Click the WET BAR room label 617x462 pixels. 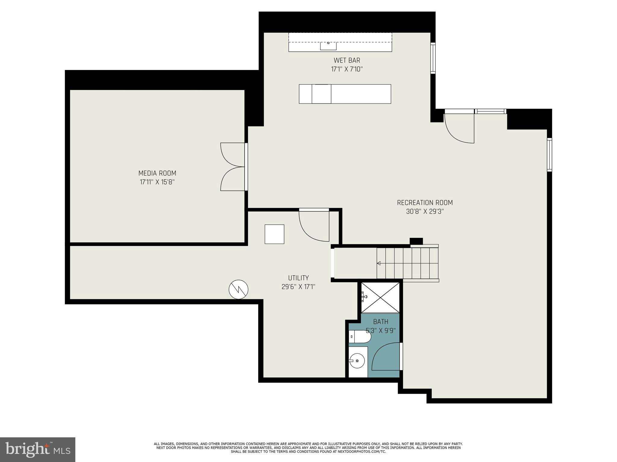[x=347, y=60]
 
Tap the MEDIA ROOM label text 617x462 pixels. [x=157, y=173]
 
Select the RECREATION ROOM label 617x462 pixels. [x=424, y=203]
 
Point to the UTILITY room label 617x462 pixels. [x=298, y=278]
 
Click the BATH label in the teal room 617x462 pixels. [x=381, y=322]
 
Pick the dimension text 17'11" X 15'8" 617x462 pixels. [x=157, y=182]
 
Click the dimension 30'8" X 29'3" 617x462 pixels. [x=424, y=211]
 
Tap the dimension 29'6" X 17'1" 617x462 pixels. [x=298, y=287]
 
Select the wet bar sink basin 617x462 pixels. [x=328, y=46]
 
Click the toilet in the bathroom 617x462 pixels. [x=360, y=337]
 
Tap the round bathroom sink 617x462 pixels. [x=357, y=360]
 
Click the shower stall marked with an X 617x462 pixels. [x=380, y=297]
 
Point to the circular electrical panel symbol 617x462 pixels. [x=238, y=289]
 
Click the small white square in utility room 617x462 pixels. [x=274, y=234]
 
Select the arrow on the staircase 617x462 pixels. [x=379, y=263]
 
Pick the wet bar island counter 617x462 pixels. [x=345, y=94]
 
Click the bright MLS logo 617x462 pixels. [x=38, y=450]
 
